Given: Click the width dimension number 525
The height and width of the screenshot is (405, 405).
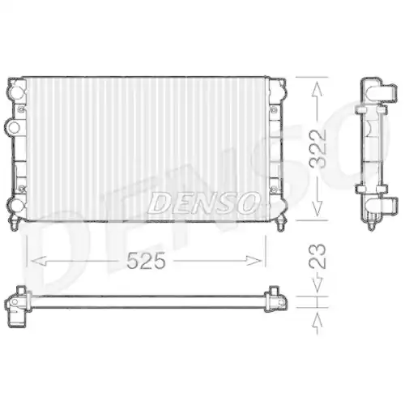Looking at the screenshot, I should tap(146, 261).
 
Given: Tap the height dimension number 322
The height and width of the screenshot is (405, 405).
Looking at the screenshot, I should tap(322, 147).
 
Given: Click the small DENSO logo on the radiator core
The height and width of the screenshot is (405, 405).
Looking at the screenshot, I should tap(203, 202).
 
